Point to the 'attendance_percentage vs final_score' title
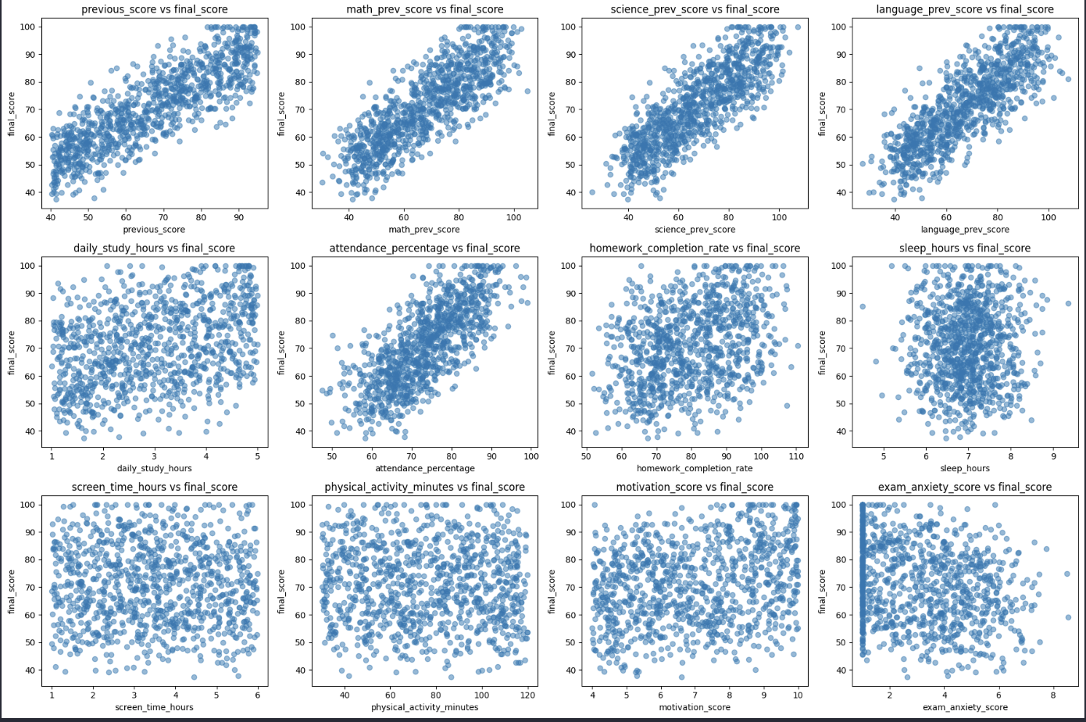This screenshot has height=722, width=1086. click(424, 248)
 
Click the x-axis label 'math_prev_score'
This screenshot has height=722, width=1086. click(424, 230)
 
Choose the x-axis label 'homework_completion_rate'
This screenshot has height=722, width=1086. click(695, 469)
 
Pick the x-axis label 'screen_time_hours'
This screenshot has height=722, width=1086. click(154, 707)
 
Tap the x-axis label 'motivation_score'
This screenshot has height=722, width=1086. click(695, 707)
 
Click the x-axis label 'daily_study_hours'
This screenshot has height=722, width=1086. click(154, 469)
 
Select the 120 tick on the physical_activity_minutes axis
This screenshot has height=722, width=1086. click(527, 694)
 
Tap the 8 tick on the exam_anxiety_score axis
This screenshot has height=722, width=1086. click(1053, 694)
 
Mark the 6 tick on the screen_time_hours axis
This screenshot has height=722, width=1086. click(256, 694)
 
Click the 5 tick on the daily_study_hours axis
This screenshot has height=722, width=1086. click(256, 456)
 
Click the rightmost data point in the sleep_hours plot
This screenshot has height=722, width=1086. click(1068, 303)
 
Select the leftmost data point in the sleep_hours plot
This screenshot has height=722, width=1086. click(863, 306)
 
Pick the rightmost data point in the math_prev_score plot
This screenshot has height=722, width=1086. click(527, 91)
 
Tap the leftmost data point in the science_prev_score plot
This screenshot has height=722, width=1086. click(591, 192)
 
